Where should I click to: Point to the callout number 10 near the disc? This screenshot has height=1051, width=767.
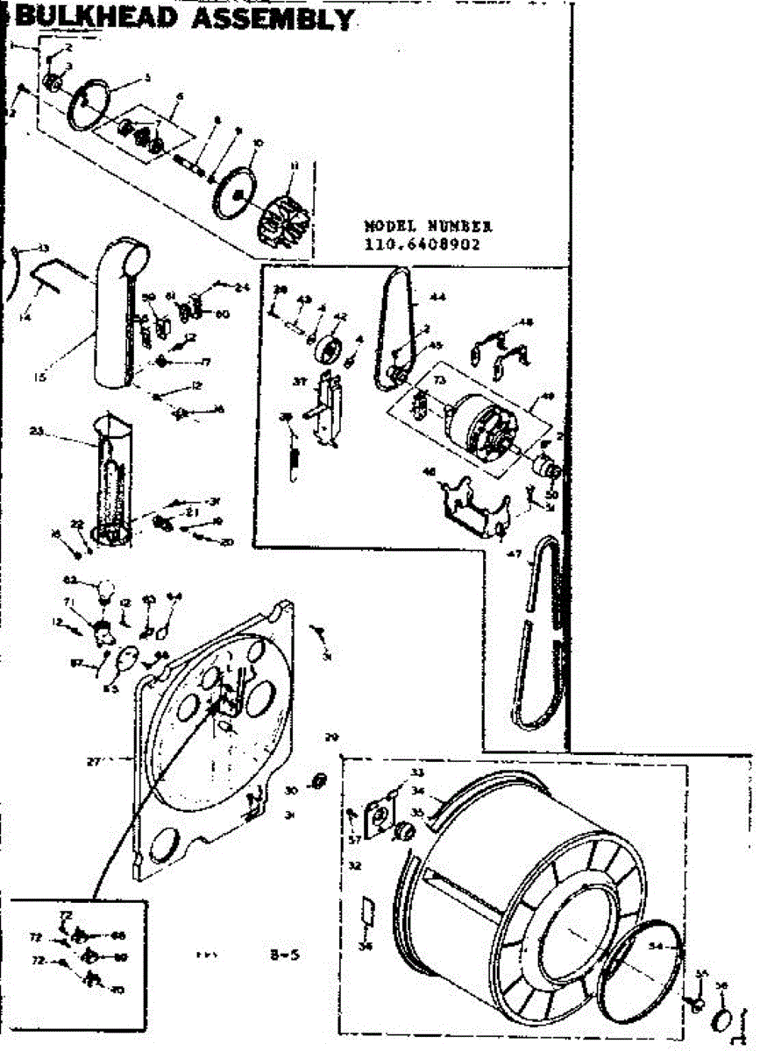pyautogui.click(x=257, y=142)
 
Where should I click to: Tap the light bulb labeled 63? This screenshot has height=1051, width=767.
pyautogui.click(x=106, y=590)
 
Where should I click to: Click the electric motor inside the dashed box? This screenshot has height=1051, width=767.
pyautogui.click(x=478, y=430)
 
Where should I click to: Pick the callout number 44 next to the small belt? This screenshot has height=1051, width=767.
pyautogui.click(x=437, y=298)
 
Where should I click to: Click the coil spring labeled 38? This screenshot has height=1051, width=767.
pyautogui.click(x=295, y=461)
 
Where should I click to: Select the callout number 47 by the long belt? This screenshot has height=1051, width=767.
pyautogui.click(x=515, y=554)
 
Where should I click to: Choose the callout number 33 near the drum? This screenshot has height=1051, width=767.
pyautogui.click(x=416, y=772)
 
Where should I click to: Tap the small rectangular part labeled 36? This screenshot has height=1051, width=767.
pyautogui.click(x=368, y=916)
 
